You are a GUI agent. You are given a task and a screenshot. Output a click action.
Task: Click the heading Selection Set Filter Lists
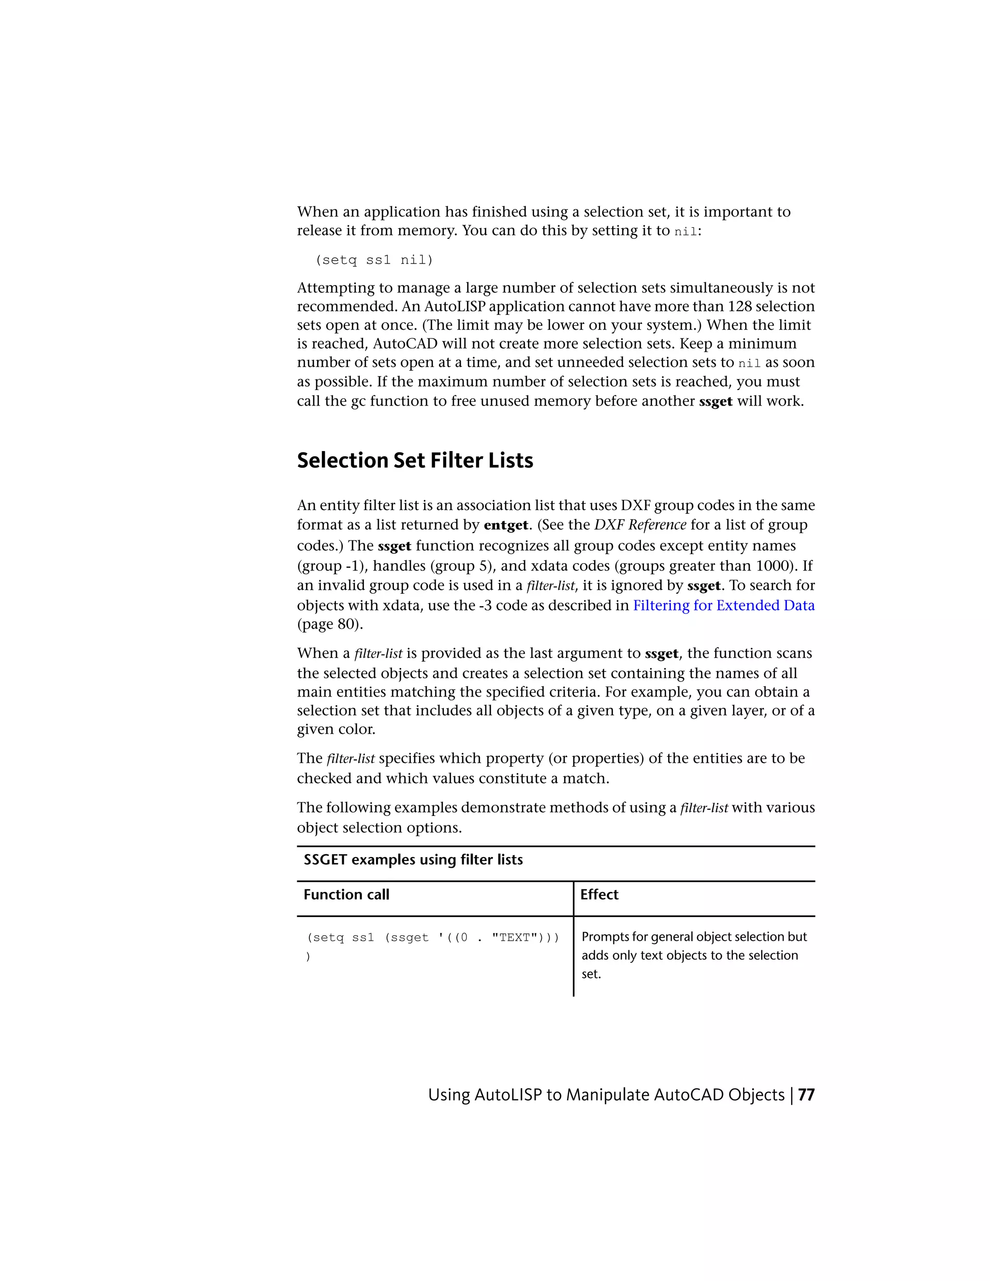[415, 460]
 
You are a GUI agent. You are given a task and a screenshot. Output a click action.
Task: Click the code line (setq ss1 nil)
[374, 260]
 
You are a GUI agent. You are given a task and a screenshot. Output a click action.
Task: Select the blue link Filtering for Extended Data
[723, 605]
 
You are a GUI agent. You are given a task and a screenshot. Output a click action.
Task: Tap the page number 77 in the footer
[806, 1095]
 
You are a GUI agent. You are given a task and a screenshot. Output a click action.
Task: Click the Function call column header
[346, 894]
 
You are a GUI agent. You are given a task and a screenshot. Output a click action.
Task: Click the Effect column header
[599, 894]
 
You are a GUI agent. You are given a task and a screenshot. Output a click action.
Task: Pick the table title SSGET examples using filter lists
[413, 859]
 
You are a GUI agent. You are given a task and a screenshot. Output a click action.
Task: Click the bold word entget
[506, 525]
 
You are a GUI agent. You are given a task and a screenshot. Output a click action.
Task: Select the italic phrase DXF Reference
[640, 525]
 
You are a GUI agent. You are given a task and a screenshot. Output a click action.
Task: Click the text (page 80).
[330, 624]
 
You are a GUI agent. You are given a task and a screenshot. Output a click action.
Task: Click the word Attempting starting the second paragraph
[335, 288]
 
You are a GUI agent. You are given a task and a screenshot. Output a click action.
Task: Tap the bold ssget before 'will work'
[715, 402]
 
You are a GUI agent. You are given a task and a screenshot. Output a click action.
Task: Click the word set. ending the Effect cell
[591, 974]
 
